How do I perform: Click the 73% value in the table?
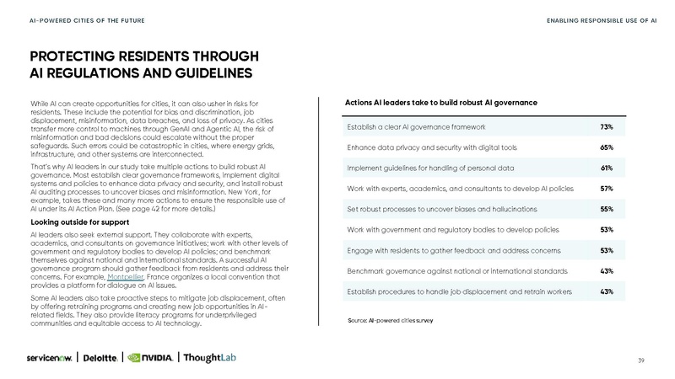(x=606, y=126)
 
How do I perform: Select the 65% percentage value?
(x=606, y=147)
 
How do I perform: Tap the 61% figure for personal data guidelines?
(x=606, y=168)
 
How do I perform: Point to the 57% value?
(x=606, y=188)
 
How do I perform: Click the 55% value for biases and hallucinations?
(x=606, y=209)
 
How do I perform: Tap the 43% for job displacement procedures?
(x=606, y=291)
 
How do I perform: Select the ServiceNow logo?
(x=50, y=357)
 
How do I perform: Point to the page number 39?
(x=642, y=360)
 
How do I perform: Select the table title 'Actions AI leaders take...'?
(x=441, y=103)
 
